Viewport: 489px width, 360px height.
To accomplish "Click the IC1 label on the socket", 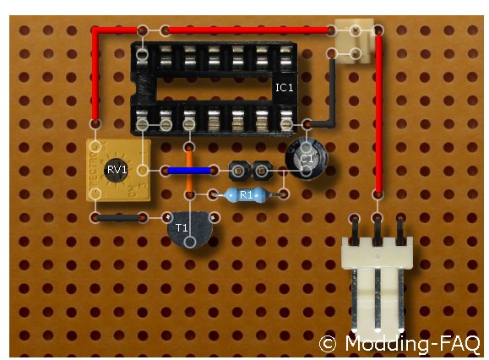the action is point(284,87).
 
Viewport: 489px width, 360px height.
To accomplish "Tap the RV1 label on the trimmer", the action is point(117,170).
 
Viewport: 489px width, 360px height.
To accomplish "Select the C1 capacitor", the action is point(306,159).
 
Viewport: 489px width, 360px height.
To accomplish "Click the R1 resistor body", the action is point(246,195).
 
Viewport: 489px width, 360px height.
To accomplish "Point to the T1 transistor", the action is point(190,229).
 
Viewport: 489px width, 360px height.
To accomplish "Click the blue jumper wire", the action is point(189,171).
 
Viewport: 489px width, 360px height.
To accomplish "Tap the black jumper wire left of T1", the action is point(119,218).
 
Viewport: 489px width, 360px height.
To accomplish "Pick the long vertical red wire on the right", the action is point(378,113).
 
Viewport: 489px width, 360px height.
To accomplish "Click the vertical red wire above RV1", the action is point(95,75).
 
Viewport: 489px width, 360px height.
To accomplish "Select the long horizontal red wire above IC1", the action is point(248,30).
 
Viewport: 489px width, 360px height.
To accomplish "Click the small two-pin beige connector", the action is point(356,41).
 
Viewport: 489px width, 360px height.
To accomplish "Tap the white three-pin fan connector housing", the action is point(377,285).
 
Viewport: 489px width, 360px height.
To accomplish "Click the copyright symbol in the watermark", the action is point(328,345).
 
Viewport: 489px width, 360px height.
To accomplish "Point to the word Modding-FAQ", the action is point(412,344).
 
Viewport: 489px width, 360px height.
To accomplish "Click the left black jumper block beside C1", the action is point(239,171).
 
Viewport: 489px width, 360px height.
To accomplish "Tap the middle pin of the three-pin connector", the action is point(378,230).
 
